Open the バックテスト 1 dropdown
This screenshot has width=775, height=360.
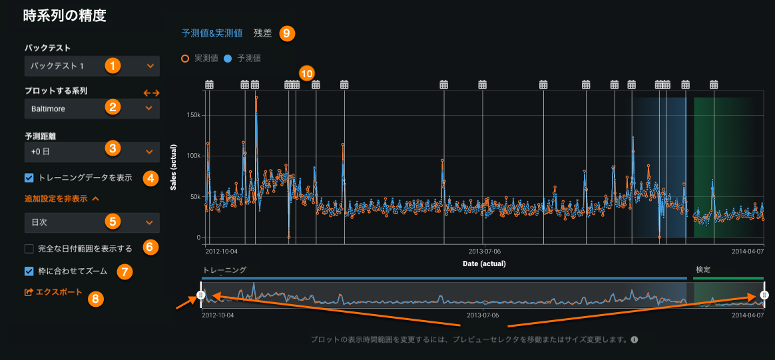pos(91,66)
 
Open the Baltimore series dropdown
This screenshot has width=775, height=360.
pos(91,108)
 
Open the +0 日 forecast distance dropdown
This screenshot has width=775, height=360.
pos(91,152)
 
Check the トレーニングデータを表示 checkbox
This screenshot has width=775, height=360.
pos(29,178)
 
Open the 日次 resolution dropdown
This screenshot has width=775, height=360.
pos(91,221)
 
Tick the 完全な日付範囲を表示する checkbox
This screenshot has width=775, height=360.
pos(29,249)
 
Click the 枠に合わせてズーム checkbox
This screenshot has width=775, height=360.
pos(29,271)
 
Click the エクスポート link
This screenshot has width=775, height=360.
pos(53,292)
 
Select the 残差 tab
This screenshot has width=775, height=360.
pos(263,33)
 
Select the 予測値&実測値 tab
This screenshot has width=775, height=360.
pos(212,33)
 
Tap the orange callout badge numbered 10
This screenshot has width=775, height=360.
pos(306,73)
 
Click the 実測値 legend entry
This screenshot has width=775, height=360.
pos(202,59)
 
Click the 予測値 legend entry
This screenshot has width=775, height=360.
pos(244,59)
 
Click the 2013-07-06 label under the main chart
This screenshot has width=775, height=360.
pos(484,252)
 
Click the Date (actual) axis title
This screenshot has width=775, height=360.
pos(484,264)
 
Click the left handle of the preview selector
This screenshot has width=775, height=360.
pos(201,295)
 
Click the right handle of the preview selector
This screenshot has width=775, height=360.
pos(764,295)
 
